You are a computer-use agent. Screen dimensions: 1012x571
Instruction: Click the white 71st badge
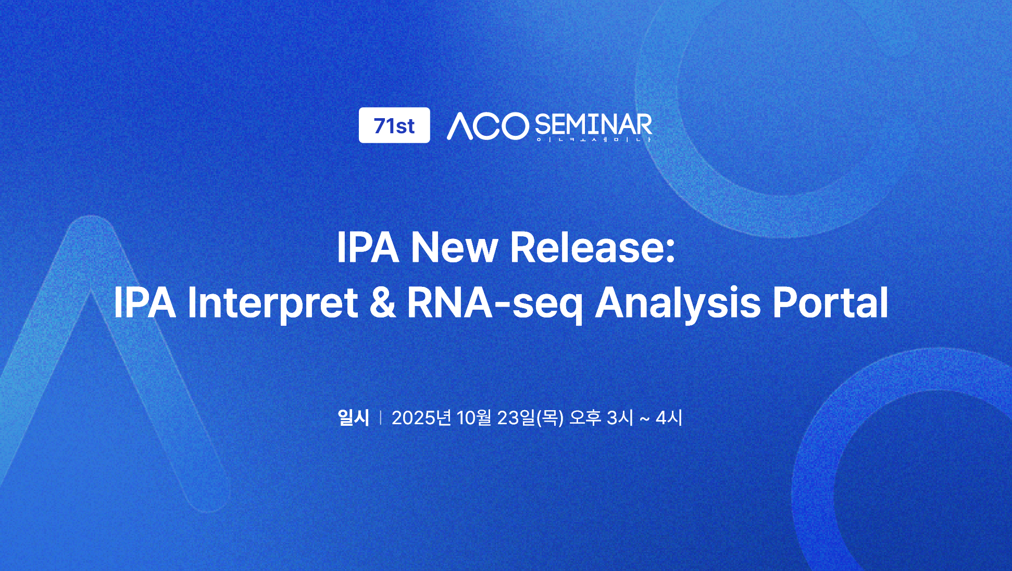(x=394, y=125)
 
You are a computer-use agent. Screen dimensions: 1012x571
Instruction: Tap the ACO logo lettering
(x=488, y=126)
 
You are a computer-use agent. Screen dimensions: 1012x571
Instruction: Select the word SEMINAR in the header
(x=593, y=125)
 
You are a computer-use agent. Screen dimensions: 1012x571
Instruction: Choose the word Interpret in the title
(x=272, y=303)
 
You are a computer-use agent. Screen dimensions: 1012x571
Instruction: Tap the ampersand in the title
(x=383, y=303)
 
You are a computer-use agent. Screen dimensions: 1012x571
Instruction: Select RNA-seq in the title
(x=495, y=304)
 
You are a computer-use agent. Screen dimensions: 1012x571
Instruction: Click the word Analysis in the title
(x=678, y=304)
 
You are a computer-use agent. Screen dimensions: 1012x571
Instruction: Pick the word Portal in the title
(x=830, y=302)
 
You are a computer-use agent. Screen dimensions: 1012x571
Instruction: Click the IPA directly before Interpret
(x=144, y=302)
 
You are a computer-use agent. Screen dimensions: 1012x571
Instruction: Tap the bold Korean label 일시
(x=354, y=417)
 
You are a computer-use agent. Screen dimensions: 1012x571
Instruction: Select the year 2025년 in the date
(x=421, y=417)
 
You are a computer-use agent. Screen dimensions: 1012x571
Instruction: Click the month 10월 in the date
(x=474, y=417)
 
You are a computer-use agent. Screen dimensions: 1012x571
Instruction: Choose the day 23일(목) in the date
(x=530, y=417)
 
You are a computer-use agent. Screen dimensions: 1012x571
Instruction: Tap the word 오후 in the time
(x=585, y=417)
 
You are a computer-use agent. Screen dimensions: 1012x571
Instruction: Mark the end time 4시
(x=669, y=417)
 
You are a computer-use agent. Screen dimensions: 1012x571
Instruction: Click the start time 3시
(x=620, y=417)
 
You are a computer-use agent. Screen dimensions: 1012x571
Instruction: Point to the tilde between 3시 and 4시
(x=644, y=419)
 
